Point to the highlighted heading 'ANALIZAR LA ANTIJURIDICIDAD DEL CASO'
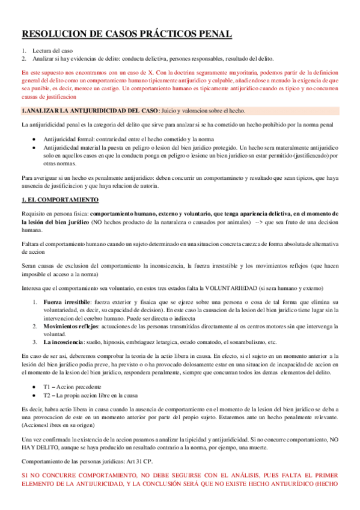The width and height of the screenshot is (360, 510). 91,111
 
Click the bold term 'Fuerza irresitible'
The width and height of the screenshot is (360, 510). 67,301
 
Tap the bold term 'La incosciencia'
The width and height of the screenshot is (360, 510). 66,342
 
